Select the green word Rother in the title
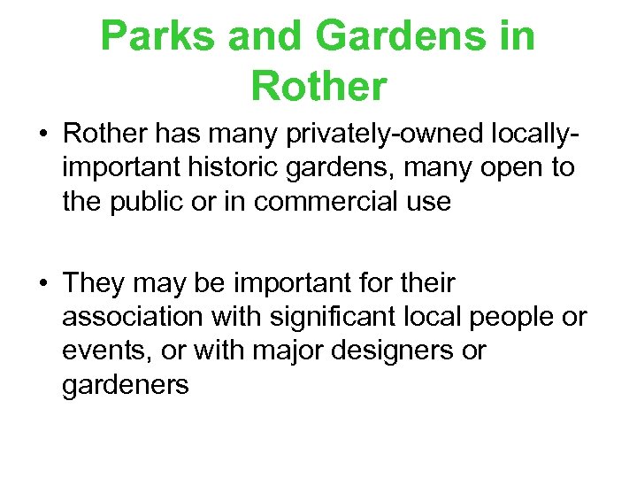point(318,86)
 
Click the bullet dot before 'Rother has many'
point(42,135)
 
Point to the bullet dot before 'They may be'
point(42,284)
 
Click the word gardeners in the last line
point(126,385)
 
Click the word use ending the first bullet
point(428,202)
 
